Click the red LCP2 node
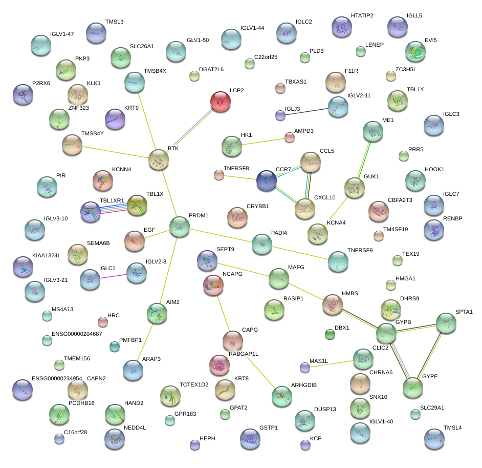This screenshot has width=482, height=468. pos(221,101)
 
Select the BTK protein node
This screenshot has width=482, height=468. pos(159,160)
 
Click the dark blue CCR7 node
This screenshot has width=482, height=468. pos(267,180)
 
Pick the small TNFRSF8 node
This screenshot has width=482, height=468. pos(219,175)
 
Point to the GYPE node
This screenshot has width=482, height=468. pos(413,388)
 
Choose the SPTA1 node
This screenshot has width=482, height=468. pos(446,323)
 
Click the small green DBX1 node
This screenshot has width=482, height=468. pos(330,335)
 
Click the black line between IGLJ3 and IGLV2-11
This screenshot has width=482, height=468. pos(307,111)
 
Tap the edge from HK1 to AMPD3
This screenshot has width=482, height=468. pos(262,142)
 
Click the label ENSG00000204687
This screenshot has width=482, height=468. pos(77,334)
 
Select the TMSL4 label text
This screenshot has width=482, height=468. pos(452,428)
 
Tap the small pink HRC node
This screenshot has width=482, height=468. pos(103,322)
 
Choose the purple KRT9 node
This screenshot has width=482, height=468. pos(115,119)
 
